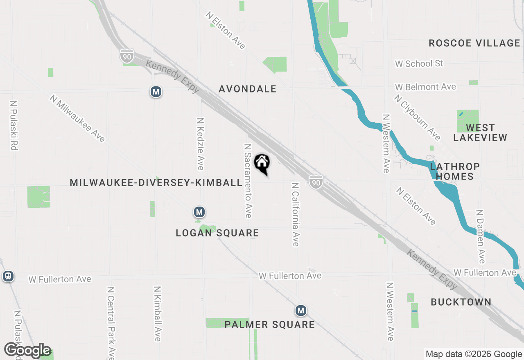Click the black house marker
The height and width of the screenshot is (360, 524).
pyautogui.click(x=262, y=163)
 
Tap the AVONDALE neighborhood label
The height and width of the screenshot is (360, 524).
pyautogui.click(x=248, y=89)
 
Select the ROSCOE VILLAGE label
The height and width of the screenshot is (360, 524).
pyautogui.click(x=474, y=43)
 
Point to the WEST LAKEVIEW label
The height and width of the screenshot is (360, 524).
pyautogui.click(x=480, y=133)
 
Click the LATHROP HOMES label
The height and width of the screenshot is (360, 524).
pyautogui.click(x=455, y=171)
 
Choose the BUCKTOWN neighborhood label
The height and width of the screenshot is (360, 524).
pyautogui.click(x=461, y=302)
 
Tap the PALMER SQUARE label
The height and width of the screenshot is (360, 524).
pyautogui.click(x=270, y=325)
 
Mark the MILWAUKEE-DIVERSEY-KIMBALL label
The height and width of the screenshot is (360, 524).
pyautogui.click(x=156, y=182)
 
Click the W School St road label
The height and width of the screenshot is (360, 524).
pyautogui.click(x=419, y=63)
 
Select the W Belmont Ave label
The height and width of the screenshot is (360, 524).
pyautogui.click(x=425, y=87)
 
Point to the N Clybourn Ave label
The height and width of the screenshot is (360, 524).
pyautogui.click(x=417, y=117)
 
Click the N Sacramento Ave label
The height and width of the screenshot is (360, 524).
pyautogui.click(x=248, y=180)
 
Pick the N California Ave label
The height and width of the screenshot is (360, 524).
pyautogui.click(x=295, y=214)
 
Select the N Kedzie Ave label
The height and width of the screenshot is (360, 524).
pyautogui.click(x=200, y=144)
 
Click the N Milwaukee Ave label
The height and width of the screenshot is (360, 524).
pyautogui.click(x=77, y=118)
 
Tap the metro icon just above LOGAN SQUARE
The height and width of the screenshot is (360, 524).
pyautogui.click(x=199, y=212)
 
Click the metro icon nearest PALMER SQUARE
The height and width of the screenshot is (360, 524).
pyautogui.click(x=301, y=310)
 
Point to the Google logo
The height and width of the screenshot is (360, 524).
pyautogui.click(x=28, y=351)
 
